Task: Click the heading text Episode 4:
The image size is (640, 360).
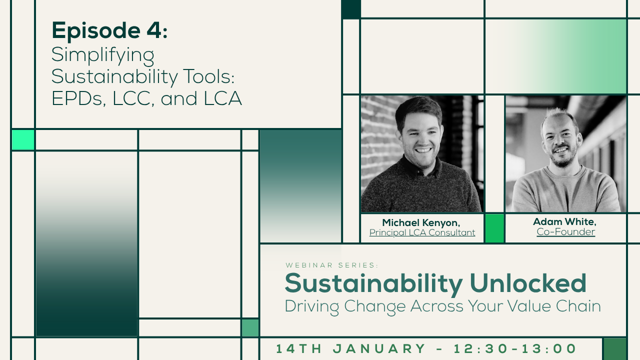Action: (x=109, y=31)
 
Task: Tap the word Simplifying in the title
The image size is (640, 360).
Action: (x=103, y=54)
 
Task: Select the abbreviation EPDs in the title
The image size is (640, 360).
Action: (x=76, y=98)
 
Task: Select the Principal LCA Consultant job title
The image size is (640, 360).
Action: (x=422, y=232)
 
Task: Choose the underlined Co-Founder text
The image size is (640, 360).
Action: (x=565, y=232)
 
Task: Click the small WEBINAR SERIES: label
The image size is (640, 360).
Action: (x=332, y=265)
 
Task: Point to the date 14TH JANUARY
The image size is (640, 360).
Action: (x=350, y=348)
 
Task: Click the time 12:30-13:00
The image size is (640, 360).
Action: (x=515, y=348)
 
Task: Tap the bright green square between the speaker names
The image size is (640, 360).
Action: (x=494, y=228)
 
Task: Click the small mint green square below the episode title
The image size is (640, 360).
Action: (x=23, y=140)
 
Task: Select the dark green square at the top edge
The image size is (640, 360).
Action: (x=351, y=9)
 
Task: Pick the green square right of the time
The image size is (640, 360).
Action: (x=614, y=348)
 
